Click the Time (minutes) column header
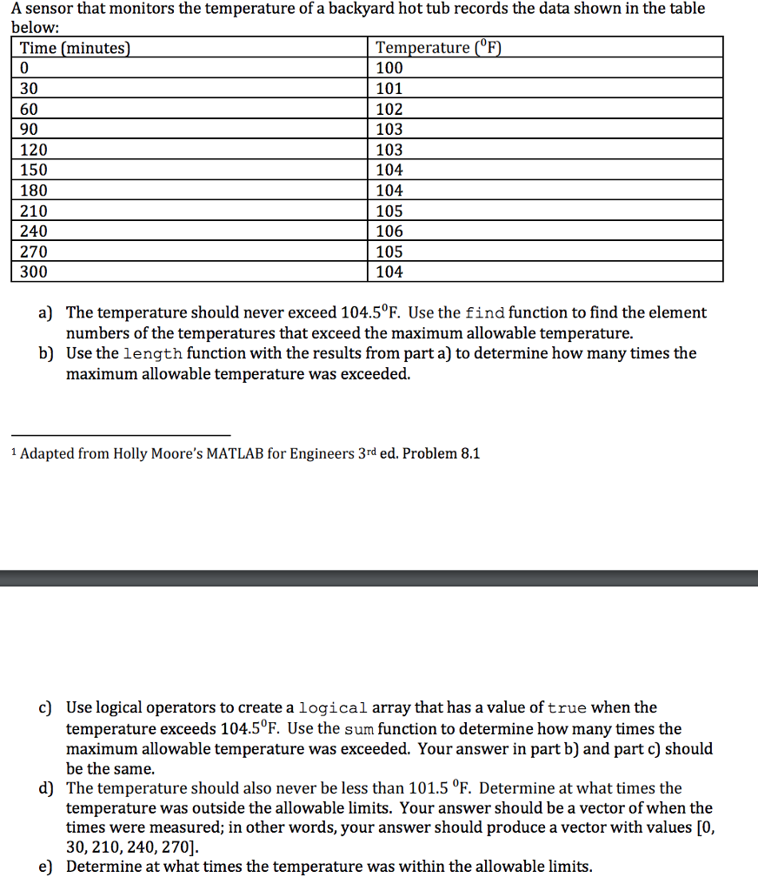click(75, 48)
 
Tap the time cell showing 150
click(34, 170)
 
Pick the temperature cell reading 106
click(389, 231)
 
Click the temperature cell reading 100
click(389, 68)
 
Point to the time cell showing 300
click(34, 272)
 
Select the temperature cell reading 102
click(389, 109)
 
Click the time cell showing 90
click(30, 130)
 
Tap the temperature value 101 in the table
click(389, 89)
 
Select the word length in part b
click(152, 354)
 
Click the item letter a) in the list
click(45, 312)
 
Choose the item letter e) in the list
click(45, 867)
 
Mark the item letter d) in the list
click(45, 788)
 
